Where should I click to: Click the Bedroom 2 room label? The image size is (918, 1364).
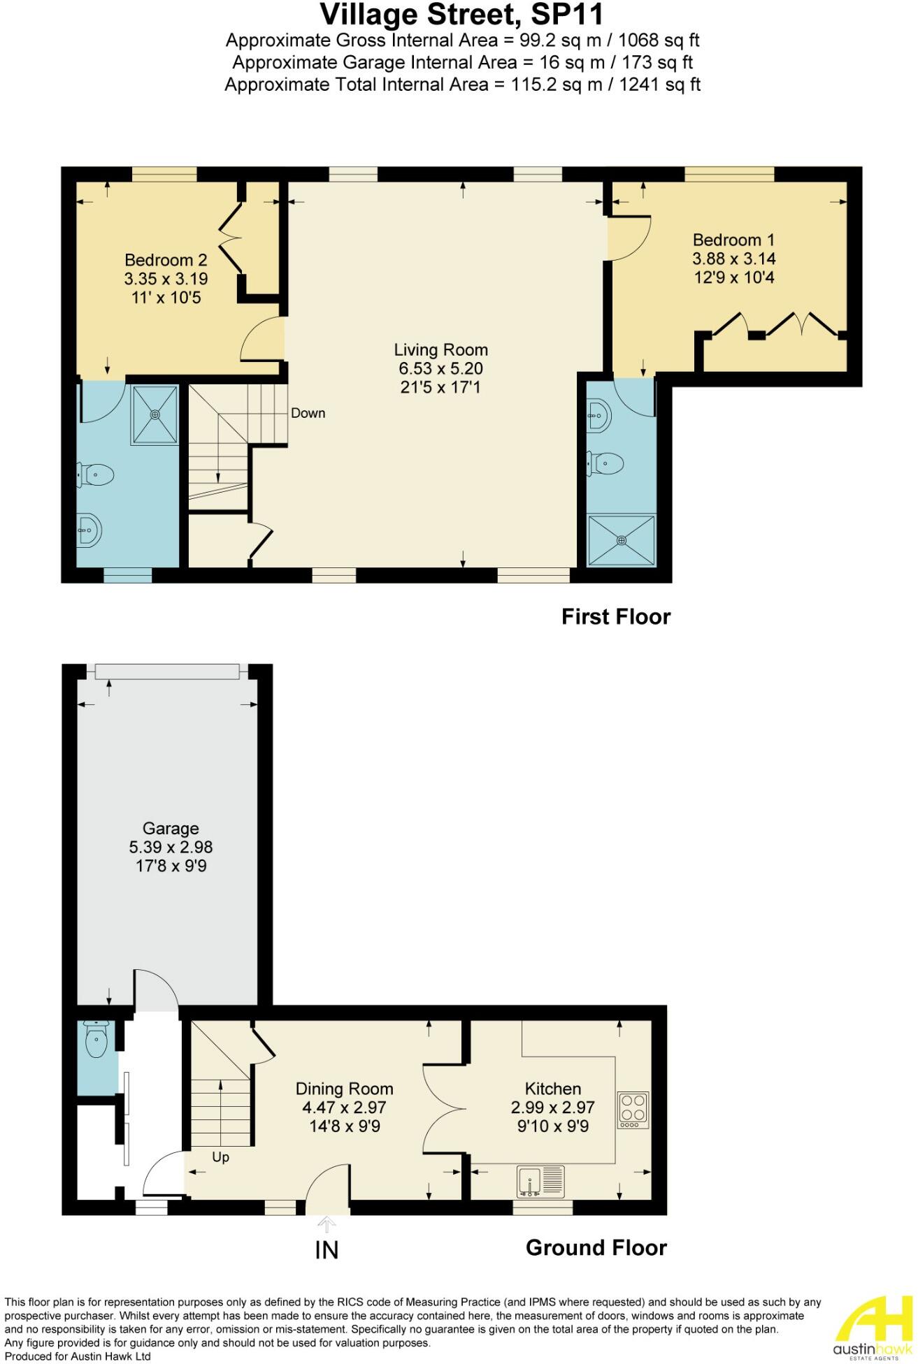click(x=166, y=260)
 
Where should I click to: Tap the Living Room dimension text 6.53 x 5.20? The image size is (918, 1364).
click(x=440, y=368)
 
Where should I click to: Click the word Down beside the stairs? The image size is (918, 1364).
click(x=308, y=413)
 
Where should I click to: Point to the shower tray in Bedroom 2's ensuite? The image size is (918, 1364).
click(x=155, y=414)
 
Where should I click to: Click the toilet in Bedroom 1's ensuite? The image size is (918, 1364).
click(x=607, y=462)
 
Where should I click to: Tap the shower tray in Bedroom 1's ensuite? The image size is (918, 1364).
click(x=622, y=540)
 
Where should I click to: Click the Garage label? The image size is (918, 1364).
click(x=171, y=829)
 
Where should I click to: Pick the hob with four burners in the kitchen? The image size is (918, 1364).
click(x=633, y=1110)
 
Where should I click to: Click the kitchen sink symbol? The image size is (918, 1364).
click(x=540, y=1182)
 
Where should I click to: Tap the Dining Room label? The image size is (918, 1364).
click(x=344, y=1089)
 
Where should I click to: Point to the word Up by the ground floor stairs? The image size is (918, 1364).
click(x=220, y=1157)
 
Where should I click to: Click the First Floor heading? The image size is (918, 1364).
click(x=615, y=616)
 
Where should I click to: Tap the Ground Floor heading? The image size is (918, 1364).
click(x=596, y=1247)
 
